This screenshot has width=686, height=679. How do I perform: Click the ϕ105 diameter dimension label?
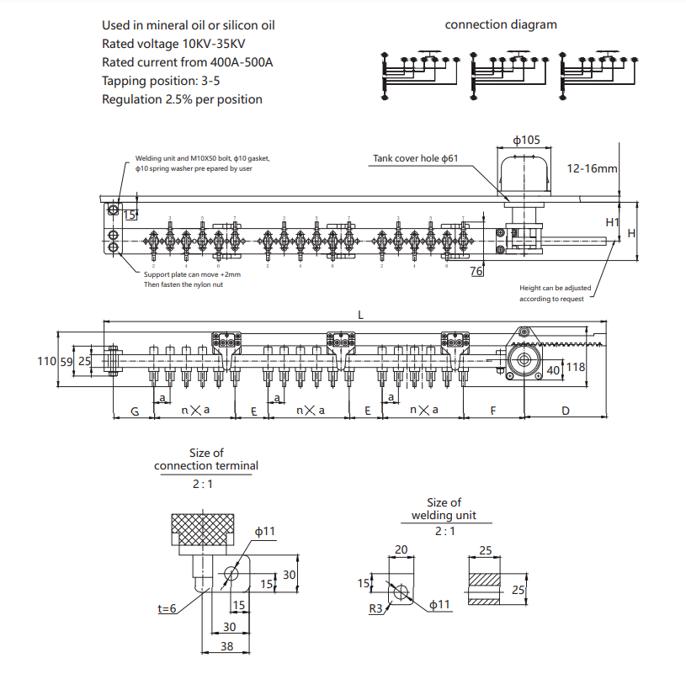pos(526,140)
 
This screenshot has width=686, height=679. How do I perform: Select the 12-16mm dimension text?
pos(592,168)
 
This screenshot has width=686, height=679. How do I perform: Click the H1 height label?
pos(612,223)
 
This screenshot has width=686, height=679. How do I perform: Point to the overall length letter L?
pos(360,315)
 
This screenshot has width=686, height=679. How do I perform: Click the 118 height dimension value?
pos(575,366)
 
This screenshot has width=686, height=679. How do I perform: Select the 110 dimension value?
pos(47,361)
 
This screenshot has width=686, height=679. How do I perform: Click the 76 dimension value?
pos(476,271)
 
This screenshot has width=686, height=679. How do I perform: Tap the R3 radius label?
pos(375,608)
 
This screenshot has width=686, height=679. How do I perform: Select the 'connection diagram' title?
pos(500,24)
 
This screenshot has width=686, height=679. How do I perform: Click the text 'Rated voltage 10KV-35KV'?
pos(173,44)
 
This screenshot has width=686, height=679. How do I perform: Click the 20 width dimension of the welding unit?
pos(400,549)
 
